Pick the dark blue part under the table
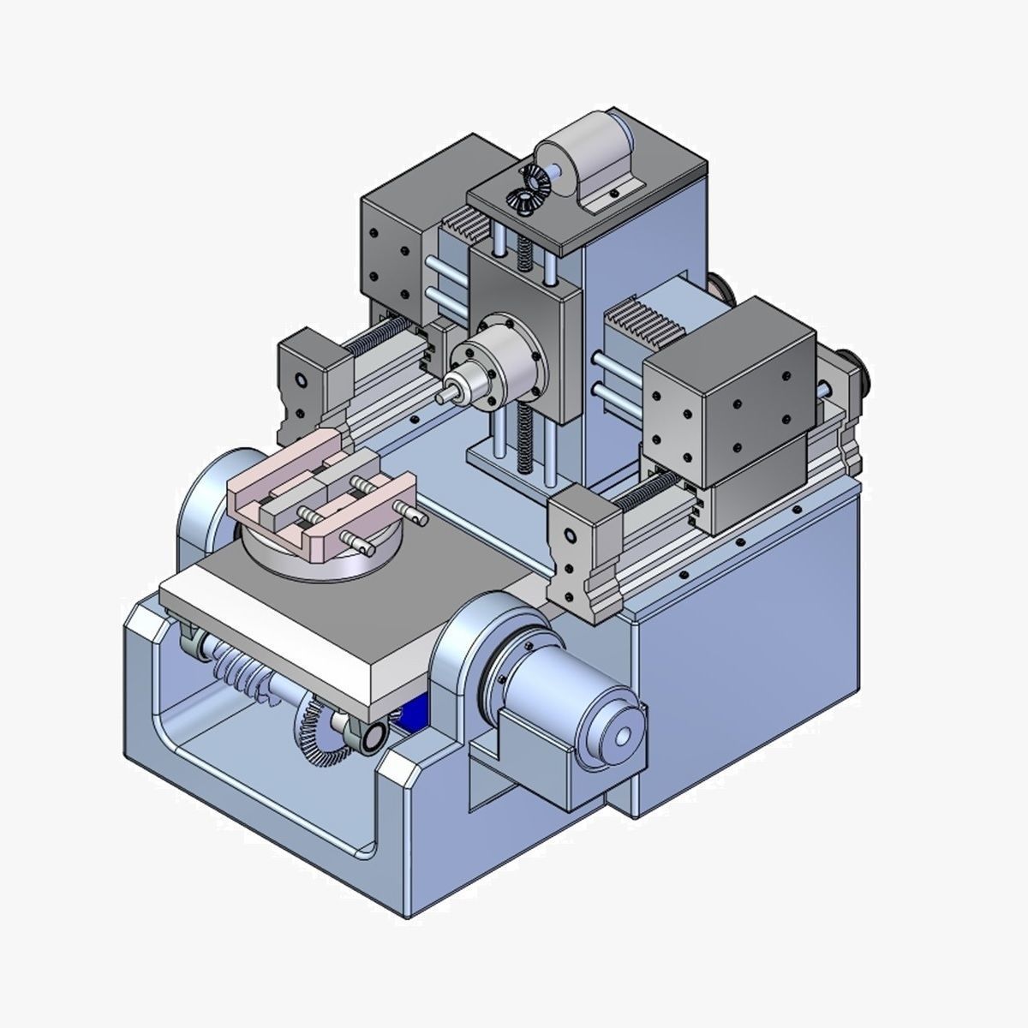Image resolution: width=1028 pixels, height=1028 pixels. tap(409, 714)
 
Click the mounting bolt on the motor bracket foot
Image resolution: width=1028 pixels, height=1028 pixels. tap(614, 194)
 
